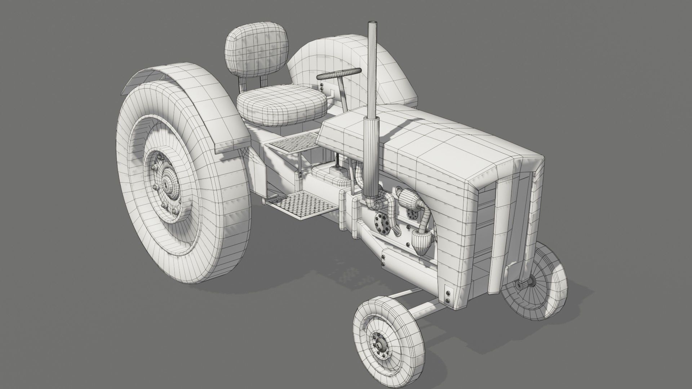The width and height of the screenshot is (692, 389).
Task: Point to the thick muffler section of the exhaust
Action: (x=371, y=158)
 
